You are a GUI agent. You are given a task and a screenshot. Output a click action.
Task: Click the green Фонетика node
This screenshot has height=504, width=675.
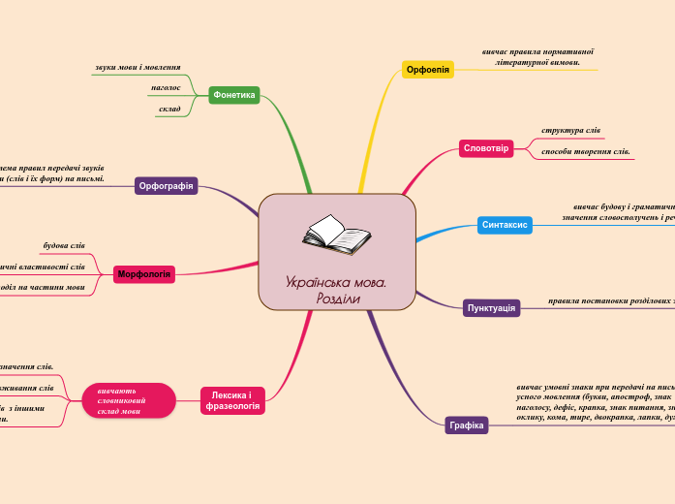click(x=234, y=95)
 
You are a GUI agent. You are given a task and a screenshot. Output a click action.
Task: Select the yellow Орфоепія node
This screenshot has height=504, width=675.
click(x=427, y=70)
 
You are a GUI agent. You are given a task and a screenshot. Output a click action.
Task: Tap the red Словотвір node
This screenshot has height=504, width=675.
click(x=486, y=148)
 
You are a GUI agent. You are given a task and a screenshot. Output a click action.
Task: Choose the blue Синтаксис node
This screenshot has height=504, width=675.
click(x=505, y=225)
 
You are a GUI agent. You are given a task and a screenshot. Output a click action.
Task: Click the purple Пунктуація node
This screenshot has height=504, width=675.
click(x=491, y=308)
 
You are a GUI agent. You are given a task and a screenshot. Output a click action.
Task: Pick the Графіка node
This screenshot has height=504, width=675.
click(x=467, y=425)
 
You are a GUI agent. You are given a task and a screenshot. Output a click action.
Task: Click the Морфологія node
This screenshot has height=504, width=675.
click(x=144, y=275)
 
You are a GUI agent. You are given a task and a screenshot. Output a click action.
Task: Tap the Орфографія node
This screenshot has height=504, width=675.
click(x=166, y=186)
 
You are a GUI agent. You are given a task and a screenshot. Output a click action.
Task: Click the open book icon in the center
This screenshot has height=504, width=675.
click(x=336, y=236)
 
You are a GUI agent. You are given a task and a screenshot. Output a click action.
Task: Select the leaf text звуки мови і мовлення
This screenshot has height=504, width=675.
click(x=138, y=68)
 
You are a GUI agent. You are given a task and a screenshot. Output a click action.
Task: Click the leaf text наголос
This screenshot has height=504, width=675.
click(x=166, y=88)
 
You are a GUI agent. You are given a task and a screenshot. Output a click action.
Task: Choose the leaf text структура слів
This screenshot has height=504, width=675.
click(x=570, y=130)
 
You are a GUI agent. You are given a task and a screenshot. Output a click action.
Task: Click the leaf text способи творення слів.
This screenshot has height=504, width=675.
click(x=585, y=152)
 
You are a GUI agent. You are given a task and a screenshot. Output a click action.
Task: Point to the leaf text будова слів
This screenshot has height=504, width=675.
click(x=64, y=246)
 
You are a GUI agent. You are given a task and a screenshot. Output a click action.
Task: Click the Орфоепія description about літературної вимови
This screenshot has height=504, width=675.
click(x=537, y=56)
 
